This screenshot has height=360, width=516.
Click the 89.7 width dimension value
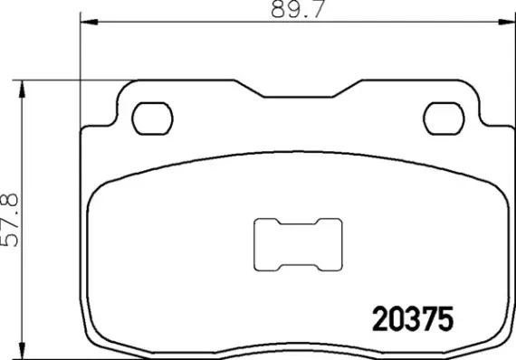tap(287, 10)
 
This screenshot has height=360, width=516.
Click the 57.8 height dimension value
tap(10, 220)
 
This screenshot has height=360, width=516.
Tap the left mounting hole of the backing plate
tap(151, 117)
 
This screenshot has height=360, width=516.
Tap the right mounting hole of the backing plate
tap(444, 117)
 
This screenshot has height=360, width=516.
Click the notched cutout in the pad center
tap(298, 245)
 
